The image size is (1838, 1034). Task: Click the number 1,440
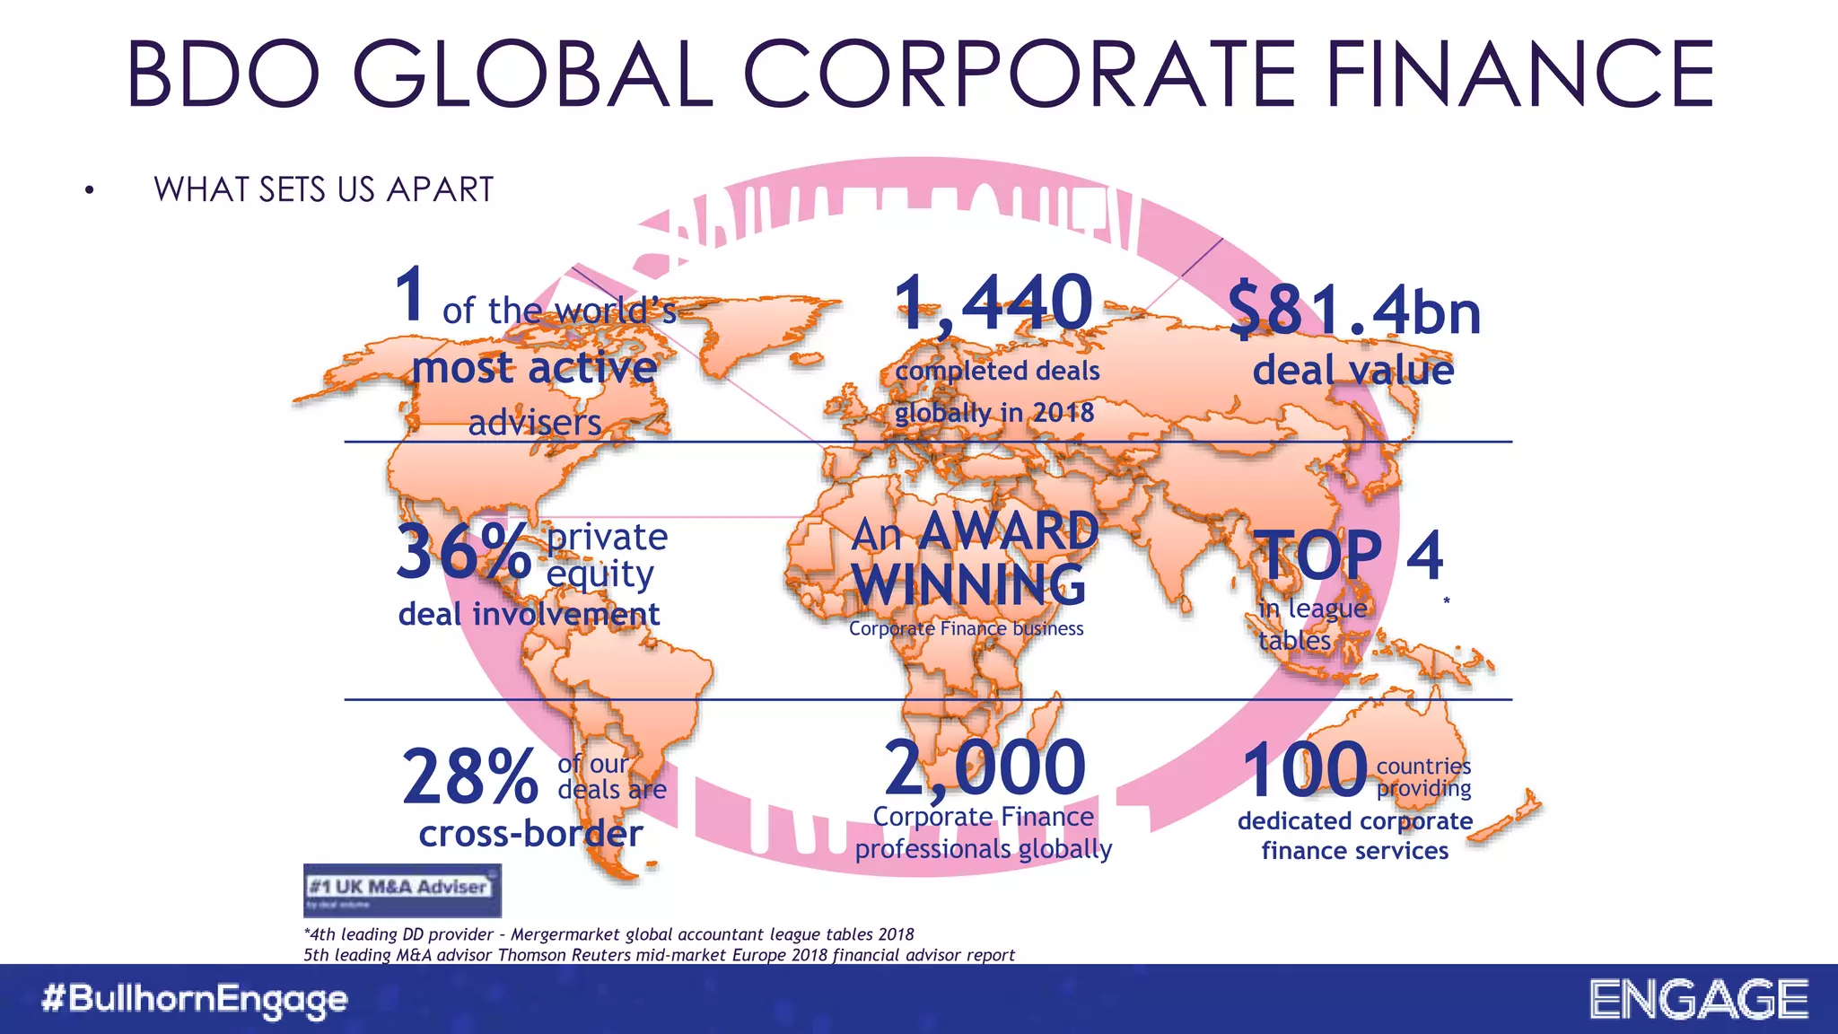pos(993,303)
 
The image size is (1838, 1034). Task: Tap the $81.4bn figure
pos(1353,311)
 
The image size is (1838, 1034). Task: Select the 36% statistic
pos(463,551)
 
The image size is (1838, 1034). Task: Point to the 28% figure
pos(469,776)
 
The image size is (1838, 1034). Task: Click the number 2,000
pos(985,768)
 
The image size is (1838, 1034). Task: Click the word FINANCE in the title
pos(1519,74)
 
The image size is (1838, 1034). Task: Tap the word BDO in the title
pos(223,74)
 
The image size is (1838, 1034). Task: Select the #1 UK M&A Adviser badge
pos(402,889)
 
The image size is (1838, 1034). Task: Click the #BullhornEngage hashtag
pos(194,999)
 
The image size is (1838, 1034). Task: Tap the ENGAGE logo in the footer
pos(1699,1000)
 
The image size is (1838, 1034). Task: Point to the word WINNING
pos(969,584)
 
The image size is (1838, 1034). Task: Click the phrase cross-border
pos(530,834)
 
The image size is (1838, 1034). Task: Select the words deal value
pos(1352,370)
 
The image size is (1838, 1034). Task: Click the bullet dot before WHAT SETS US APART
pos(89,190)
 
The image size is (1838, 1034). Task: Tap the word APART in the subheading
pos(440,189)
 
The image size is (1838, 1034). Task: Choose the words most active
pos(534,367)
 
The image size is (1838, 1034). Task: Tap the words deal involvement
pos(529,614)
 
